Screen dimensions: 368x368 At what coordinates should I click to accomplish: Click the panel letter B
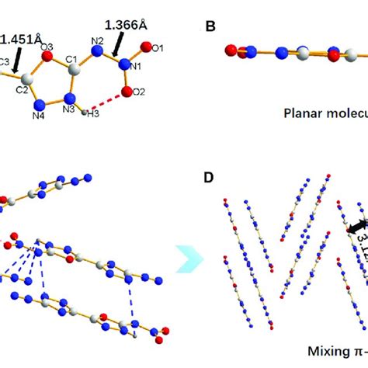click(210, 26)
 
